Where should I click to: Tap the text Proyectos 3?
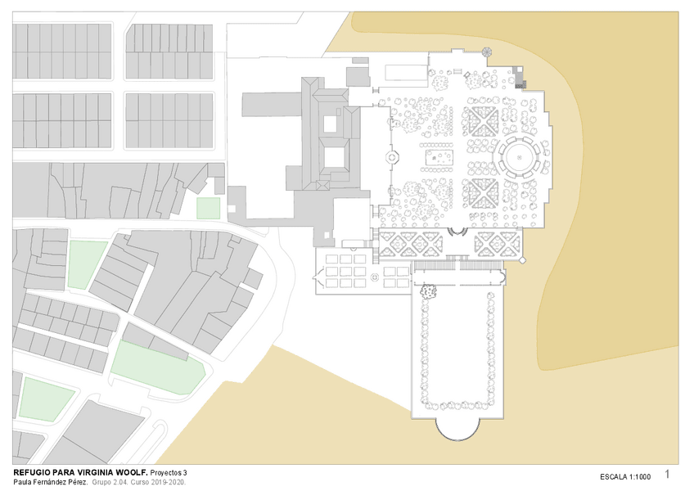[169, 472]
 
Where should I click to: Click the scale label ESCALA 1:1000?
[625, 477]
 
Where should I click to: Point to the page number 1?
[667, 474]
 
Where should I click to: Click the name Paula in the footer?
[21, 482]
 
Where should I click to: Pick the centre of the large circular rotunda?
[519, 157]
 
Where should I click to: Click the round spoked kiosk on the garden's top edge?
[486, 52]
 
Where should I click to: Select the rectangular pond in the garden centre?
[439, 157]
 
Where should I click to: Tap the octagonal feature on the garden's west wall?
[392, 158]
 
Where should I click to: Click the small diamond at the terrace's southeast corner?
[522, 260]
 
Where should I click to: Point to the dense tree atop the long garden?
[428, 291]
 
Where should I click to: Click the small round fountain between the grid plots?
[375, 277]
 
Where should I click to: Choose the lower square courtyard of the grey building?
[334, 157]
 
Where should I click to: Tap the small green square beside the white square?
[208, 208]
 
